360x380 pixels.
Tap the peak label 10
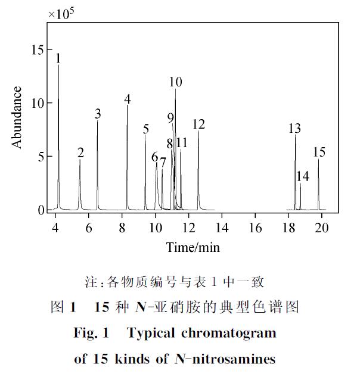pos(175,82)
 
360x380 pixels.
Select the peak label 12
pos(198,124)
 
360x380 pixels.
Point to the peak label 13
pos(294,128)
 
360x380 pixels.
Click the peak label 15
pos(319,152)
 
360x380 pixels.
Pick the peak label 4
pos(128,98)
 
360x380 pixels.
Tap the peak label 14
pos(303,176)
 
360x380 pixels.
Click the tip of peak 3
pos(98,121)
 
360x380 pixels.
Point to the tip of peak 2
pos(80,160)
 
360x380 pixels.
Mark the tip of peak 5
pos(145,135)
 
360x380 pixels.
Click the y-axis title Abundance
pos(17,117)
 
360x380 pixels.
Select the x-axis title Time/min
pos(188,246)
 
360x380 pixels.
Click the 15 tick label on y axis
pos(37,50)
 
